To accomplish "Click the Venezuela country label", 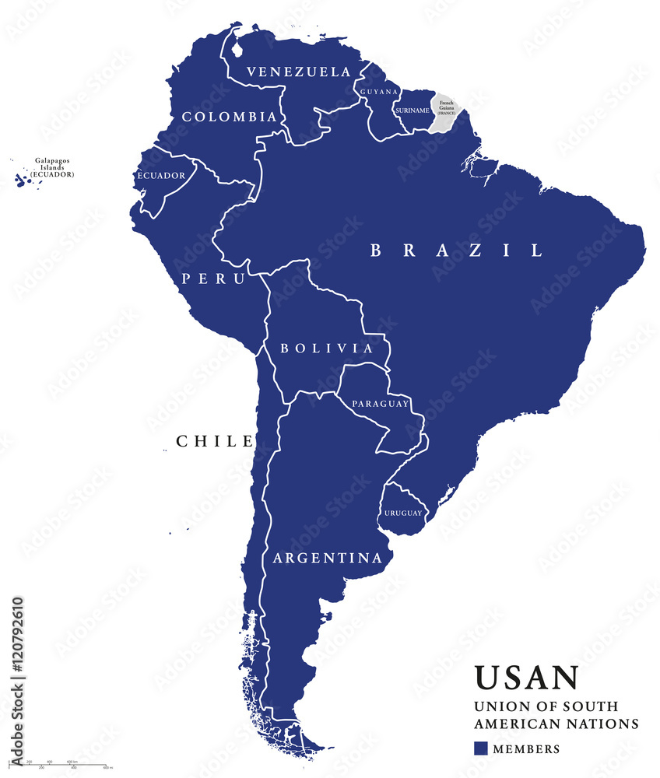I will [x=298, y=72].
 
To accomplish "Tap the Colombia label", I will [x=228, y=117].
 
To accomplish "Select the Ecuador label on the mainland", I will [x=162, y=175].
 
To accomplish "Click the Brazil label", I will [x=455, y=250].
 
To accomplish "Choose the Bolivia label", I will [x=327, y=348].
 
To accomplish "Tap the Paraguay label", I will [x=380, y=404].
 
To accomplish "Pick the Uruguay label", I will [x=402, y=513].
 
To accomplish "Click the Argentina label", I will [x=327, y=558].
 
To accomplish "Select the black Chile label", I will [x=214, y=441].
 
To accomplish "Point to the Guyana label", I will [x=379, y=92].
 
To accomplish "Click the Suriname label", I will [x=412, y=110].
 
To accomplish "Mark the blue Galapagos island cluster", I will [x=23, y=180].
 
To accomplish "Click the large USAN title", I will [x=526, y=677].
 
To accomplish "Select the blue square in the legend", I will [x=481, y=748].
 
